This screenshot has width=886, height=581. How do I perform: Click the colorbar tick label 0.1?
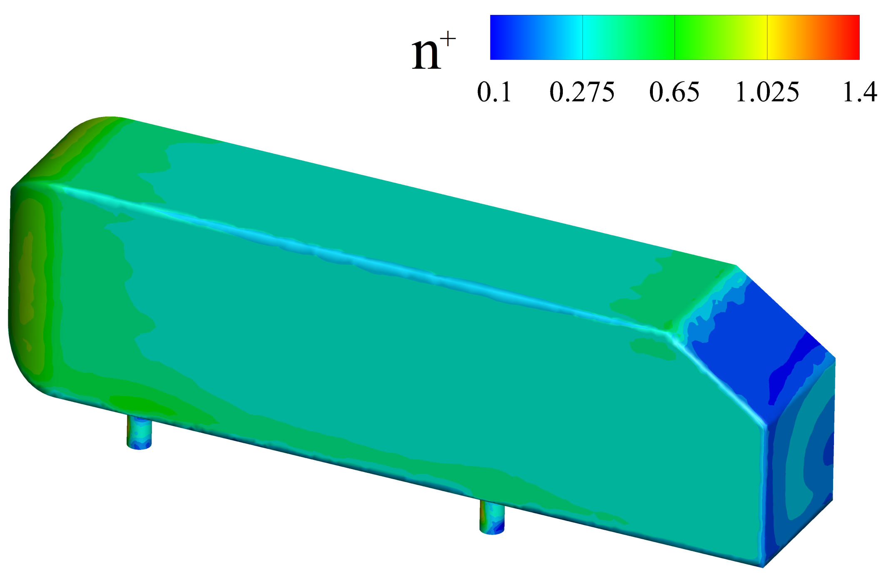(494, 92)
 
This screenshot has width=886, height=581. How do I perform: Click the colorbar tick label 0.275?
(582, 92)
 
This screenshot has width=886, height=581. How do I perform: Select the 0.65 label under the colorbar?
(674, 92)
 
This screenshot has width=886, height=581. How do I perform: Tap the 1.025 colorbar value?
(767, 92)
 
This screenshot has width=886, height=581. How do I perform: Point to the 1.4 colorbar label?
(859, 92)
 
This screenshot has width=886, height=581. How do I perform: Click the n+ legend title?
(433, 52)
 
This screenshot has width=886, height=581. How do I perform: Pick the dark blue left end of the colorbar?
(500, 37)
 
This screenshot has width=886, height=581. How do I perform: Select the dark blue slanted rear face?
(749, 341)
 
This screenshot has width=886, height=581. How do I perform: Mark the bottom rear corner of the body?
(763, 566)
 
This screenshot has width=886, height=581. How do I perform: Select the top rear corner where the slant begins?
(736, 266)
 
